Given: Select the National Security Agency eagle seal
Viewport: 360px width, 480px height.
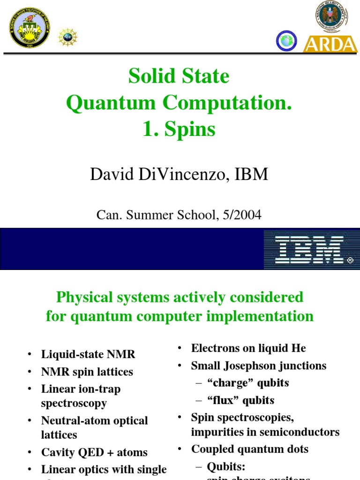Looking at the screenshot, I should [331, 16].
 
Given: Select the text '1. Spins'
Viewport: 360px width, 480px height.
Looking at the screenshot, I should [179, 129].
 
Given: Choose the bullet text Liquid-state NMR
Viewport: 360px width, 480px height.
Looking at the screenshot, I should [88, 354].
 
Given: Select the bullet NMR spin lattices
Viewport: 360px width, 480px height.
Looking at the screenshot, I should [87, 372].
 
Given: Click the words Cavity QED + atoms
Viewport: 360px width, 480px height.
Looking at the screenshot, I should [94, 452].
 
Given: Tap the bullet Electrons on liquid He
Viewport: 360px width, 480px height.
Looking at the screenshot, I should [248, 348].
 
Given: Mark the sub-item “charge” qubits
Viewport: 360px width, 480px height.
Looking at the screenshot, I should [248, 383].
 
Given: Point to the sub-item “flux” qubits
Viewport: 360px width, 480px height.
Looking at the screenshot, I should [240, 400].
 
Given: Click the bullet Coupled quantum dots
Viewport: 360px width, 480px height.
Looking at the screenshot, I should [250, 449].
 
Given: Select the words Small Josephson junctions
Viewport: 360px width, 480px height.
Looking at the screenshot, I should [259, 366].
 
